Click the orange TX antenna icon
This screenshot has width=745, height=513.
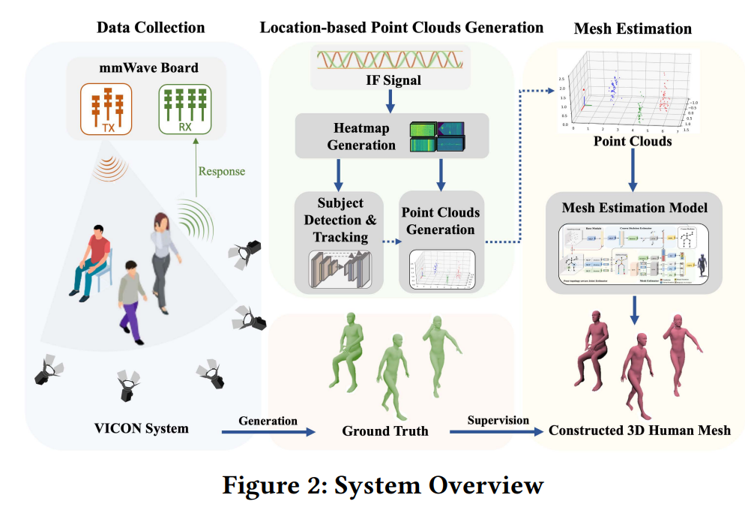pyautogui.click(x=106, y=108)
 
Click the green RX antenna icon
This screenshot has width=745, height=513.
pyautogui.click(x=184, y=108)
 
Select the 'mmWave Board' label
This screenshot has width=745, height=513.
pyautogui.click(x=149, y=68)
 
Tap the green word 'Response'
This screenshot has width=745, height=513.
pyautogui.click(x=221, y=171)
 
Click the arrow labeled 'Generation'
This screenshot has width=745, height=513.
pyautogui.click(x=268, y=431)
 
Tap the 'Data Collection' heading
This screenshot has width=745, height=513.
pyautogui.click(x=150, y=28)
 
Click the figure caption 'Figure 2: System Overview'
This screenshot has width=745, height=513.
pyautogui.click(x=382, y=485)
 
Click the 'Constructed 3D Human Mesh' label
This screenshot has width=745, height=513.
pyautogui.click(x=639, y=430)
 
